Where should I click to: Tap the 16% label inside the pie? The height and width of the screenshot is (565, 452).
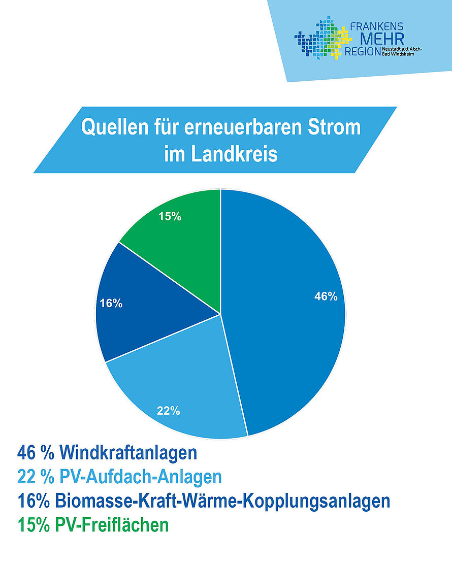click(x=111, y=304)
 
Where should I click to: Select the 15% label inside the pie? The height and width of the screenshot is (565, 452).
click(x=170, y=216)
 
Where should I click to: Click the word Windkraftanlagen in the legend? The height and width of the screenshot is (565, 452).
click(x=127, y=452)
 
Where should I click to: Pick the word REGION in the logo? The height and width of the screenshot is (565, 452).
click(x=361, y=52)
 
